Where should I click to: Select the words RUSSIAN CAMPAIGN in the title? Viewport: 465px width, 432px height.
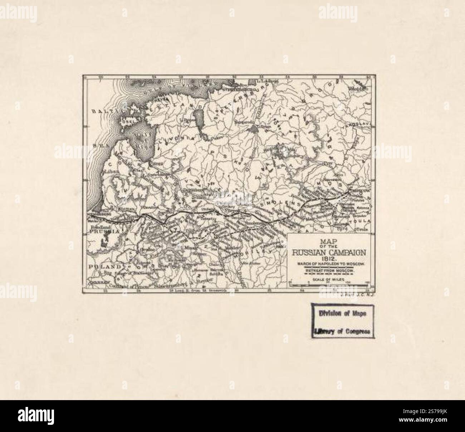[329, 252]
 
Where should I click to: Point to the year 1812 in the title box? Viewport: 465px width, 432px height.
[329, 258]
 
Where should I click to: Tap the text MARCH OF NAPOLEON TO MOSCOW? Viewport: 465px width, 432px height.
[329, 264]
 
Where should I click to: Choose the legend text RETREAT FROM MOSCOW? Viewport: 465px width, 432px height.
[329, 271]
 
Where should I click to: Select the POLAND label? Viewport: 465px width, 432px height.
[101, 267]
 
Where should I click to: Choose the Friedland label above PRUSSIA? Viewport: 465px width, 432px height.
[99, 227]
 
